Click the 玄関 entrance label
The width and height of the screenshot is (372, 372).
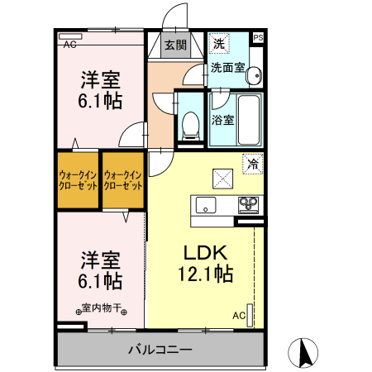click(174, 45)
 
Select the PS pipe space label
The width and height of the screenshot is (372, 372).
click(258, 38)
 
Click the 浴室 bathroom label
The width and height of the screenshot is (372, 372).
click(222, 120)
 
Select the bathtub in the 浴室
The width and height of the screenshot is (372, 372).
click(248, 118)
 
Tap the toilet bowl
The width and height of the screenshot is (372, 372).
click(191, 124)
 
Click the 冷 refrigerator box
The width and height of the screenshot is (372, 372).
click(252, 164)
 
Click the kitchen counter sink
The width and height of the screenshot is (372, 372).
click(204, 205)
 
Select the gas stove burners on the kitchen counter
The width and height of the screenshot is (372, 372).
click(249, 204)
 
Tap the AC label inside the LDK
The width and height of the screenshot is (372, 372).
click(238, 315)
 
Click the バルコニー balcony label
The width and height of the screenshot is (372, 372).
click(160, 350)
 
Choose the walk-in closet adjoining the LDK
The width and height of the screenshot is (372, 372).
click(122, 180)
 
